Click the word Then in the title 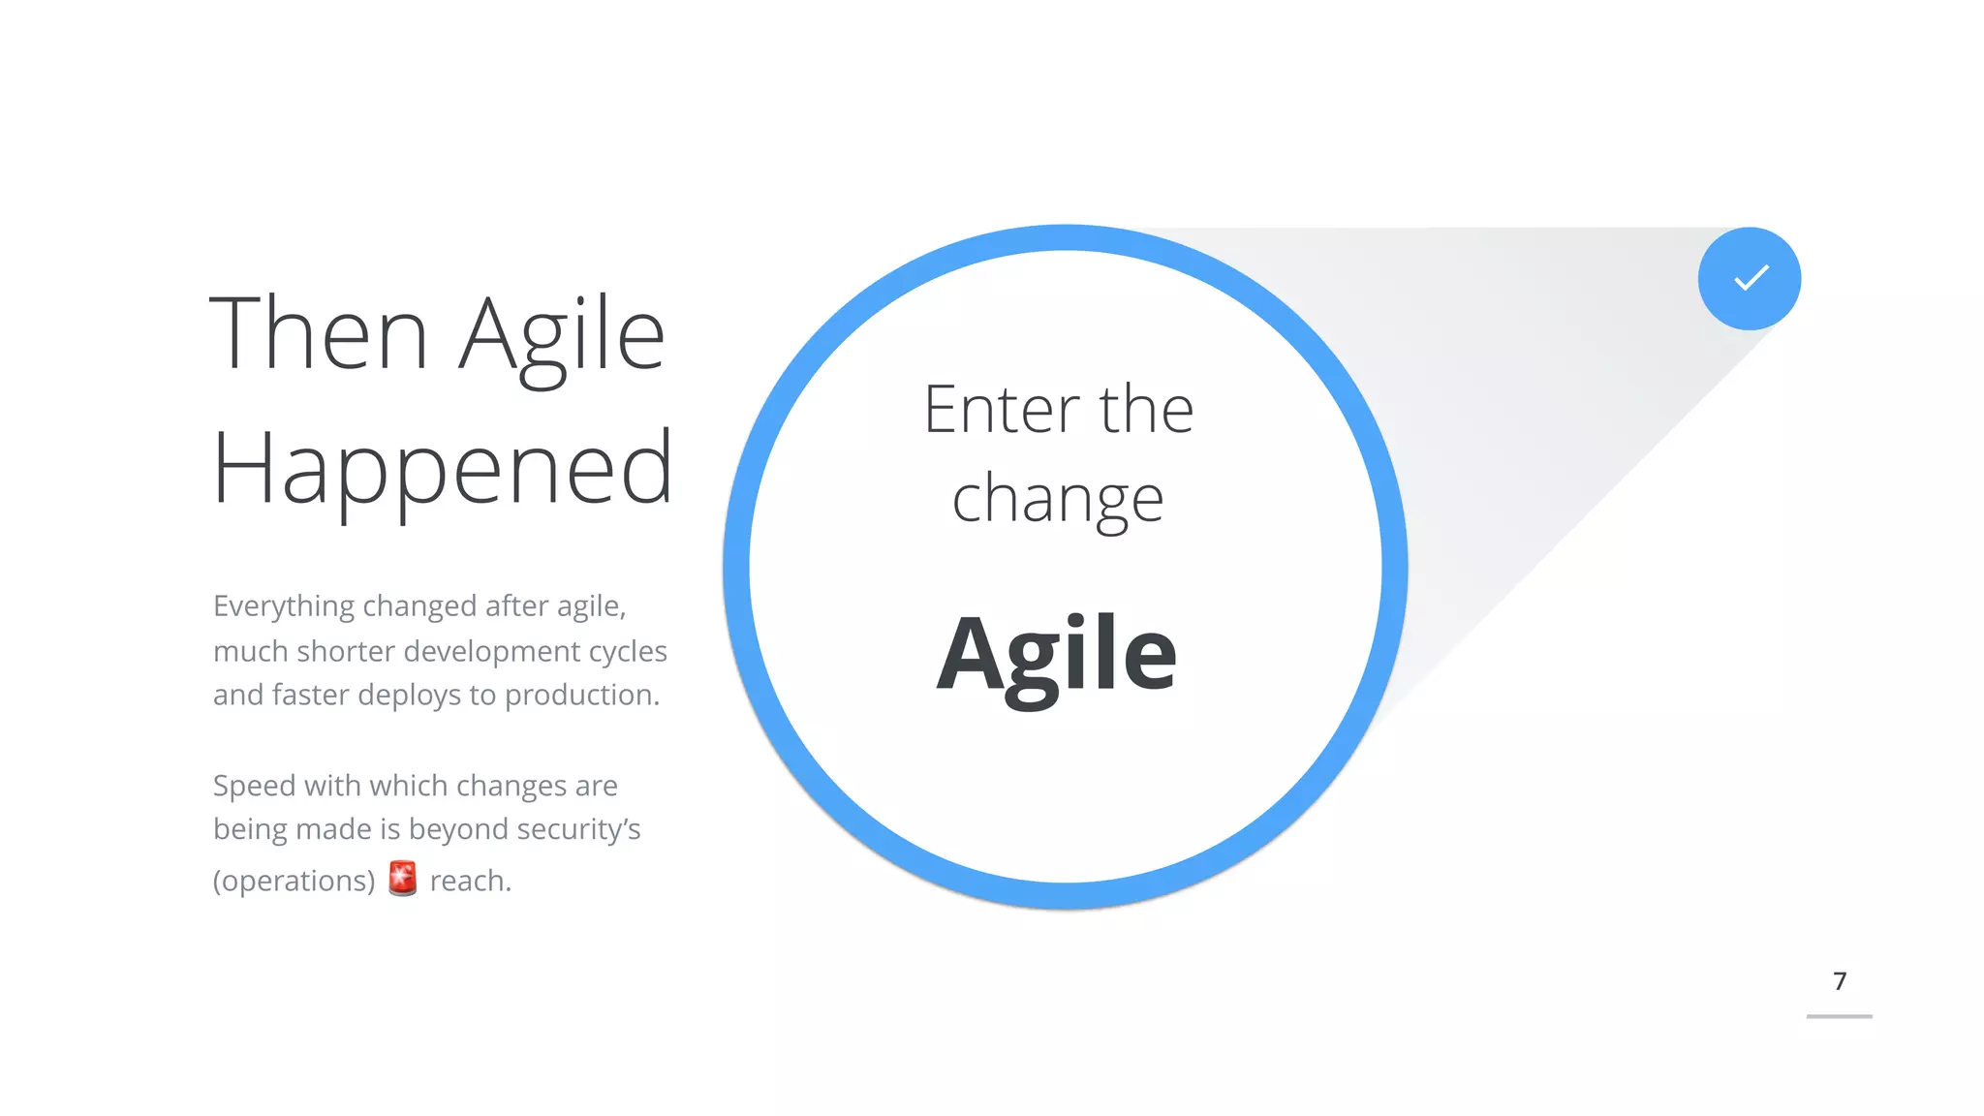click(x=319, y=333)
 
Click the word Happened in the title click(x=442, y=470)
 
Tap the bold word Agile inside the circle click(x=1056, y=656)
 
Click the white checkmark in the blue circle click(x=1751, y=279)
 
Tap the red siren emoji click(x=402, y=879)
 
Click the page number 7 click(x=1840, y=981)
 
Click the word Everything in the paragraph click(x=284, y=607)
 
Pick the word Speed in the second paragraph click(x=254, y=787)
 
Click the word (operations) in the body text click(x=294, y=881)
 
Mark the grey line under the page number click(x=1839, y=1016)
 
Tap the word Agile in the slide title click(x=562, y=335)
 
